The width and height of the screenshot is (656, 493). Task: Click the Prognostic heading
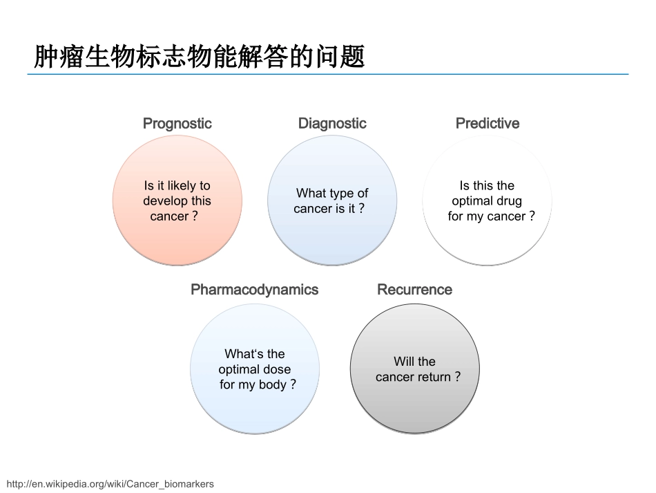pyautogui.click(x=177, y=124)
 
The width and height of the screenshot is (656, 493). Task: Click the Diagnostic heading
pyautogui.click(x=332, y=124)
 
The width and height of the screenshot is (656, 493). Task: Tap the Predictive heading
pyautogui.click(x=487, y=124)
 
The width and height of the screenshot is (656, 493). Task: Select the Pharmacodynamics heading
pyautogui.click(x=254, y=290)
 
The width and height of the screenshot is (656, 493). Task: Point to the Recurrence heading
pyautogui.click(x=414, y=290)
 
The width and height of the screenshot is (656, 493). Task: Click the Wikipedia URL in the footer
pyautogui.click(x=110, y=484)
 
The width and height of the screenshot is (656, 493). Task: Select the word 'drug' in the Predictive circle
pyautogui.click(x=509, y=201)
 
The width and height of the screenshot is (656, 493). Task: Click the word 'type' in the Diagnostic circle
pyautogui.click(x=341, y=194)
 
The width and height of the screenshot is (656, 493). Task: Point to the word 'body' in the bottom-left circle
pyautogui.click(x=272, y=384)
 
